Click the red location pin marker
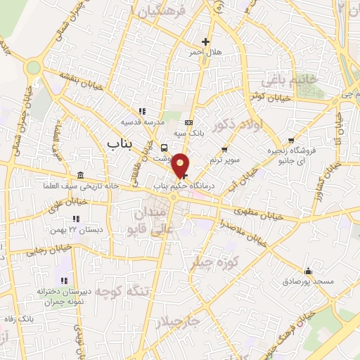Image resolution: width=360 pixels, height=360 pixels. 181,165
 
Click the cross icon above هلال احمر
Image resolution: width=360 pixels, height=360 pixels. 205,41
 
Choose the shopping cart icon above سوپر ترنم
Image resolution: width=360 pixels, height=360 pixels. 224,149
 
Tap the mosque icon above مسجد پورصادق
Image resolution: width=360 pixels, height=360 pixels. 307,271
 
